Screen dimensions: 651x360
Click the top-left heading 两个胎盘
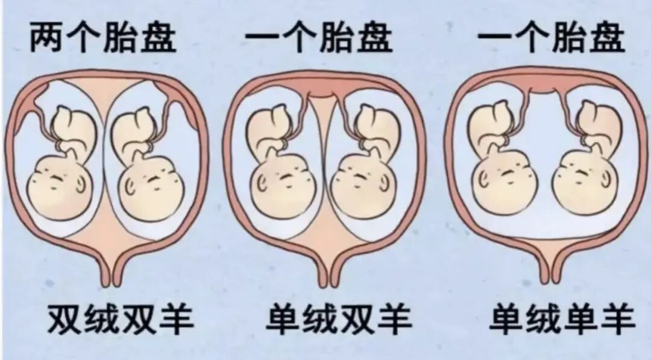coord(102,38)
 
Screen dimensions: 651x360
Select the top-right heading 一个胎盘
coord(551,38)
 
